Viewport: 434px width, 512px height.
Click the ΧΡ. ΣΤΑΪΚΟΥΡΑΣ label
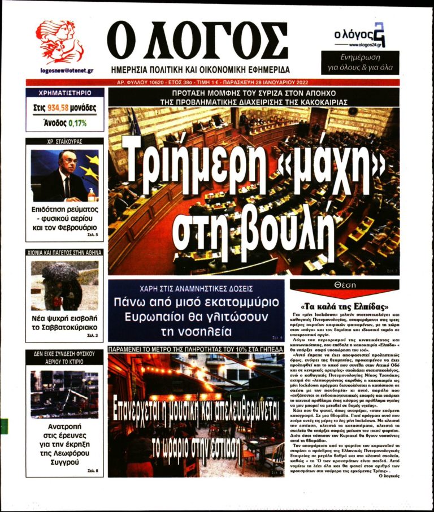pyautogui.click(x=64, y=141)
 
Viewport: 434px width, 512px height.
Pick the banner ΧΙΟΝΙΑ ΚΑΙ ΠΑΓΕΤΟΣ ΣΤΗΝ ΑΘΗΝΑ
pyautogui.click(x=64, y=253)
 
